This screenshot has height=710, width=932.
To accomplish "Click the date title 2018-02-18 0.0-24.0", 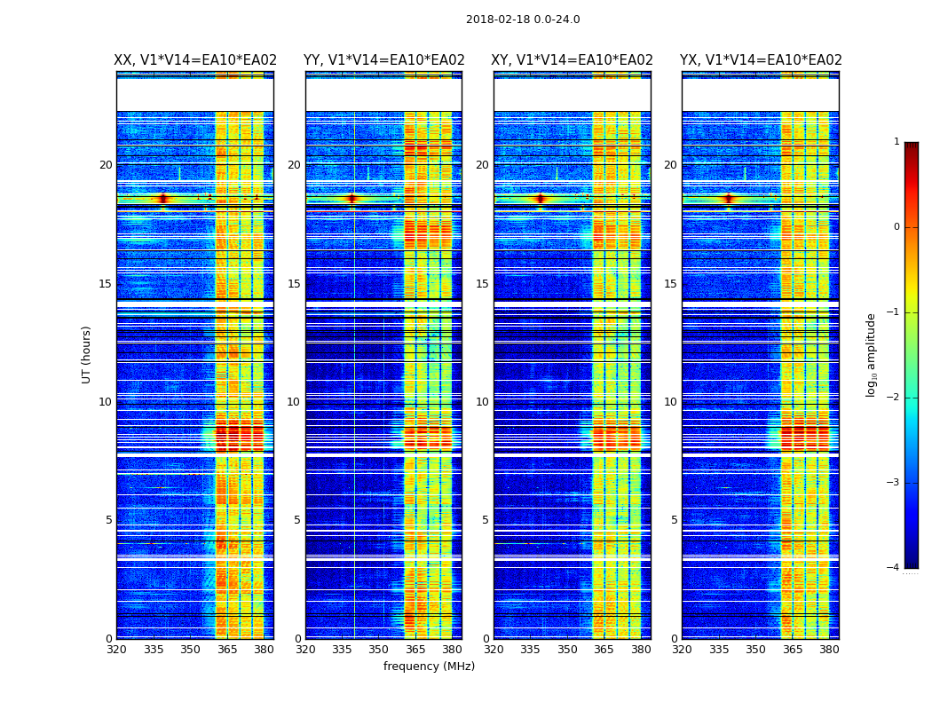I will click(x=523, y=20).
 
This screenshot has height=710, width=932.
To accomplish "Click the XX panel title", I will click(x=195, y=60).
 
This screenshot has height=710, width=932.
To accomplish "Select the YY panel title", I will click(x=383, y=60).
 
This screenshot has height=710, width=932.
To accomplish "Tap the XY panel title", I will click(x=573, y=60).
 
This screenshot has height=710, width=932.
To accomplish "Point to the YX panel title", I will click(x=761, y=60).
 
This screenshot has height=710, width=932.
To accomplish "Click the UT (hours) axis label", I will click(x=87, y=354).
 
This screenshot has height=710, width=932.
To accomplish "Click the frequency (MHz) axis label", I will click(x=429, y=667).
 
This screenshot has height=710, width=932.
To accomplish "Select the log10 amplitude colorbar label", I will click(x=872, y=354).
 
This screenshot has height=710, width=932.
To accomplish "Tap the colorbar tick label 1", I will click(x=896, y=142).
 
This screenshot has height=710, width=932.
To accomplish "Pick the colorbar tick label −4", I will click(x=894, y=568).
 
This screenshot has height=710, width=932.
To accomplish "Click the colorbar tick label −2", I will click(x=894, y=398).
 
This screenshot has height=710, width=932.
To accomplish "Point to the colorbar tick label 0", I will click(x=896, y=227).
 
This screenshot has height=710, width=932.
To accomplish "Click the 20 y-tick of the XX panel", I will click(x=106, y=165).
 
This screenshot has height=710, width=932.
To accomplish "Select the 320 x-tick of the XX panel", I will click(x=116, y=650).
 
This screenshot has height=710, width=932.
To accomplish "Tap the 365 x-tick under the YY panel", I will click(x=415, y=650).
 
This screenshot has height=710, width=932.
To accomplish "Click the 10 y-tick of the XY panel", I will click(x=482, y=402).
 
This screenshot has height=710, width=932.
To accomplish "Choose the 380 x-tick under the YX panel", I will click(x=829, y=650).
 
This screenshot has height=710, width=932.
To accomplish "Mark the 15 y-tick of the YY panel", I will click(x=294, y=284).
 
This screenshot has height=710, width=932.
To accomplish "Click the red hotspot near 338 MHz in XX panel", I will click(x=162, y=199).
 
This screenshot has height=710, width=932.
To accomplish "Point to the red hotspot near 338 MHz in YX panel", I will click(x=729, y=199).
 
